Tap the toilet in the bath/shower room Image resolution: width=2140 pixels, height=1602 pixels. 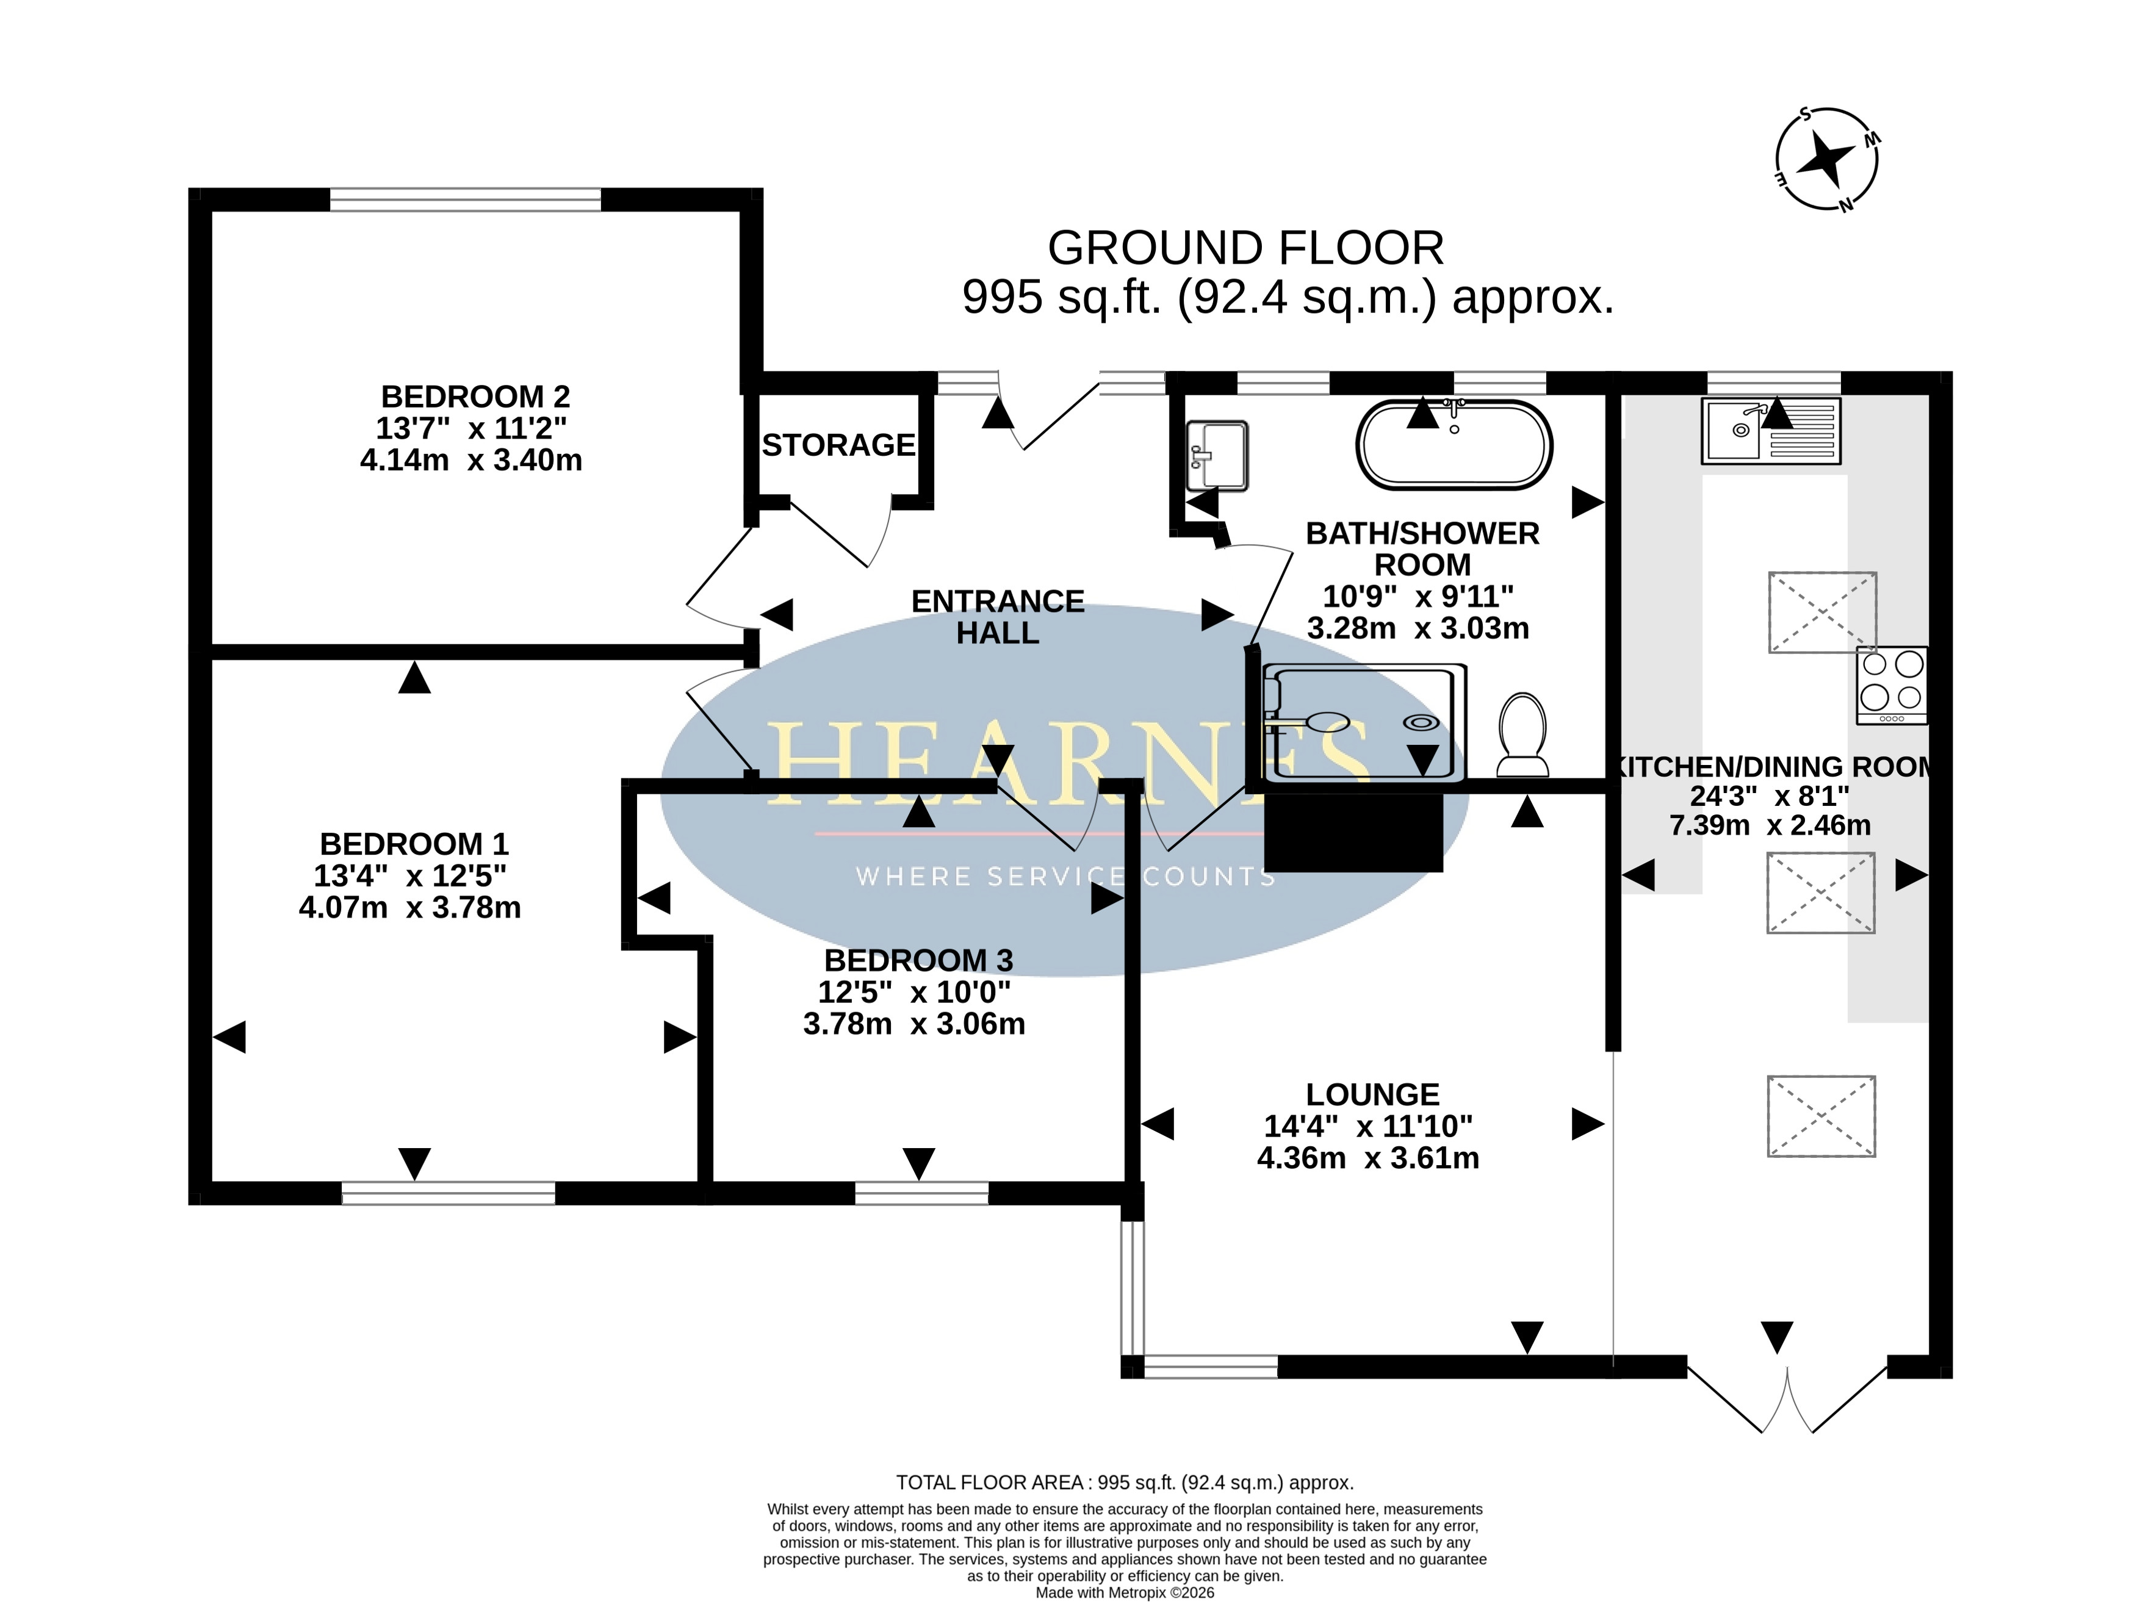click(x=1522, y=735)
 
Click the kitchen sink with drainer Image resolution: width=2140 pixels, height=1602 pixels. click(x=1770, y=431)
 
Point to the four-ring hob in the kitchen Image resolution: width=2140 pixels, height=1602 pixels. click(x=1892, y=686)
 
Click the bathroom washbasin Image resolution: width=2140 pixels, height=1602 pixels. click(x=1217, y=456)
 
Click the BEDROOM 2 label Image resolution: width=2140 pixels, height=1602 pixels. click(x=475, y=397)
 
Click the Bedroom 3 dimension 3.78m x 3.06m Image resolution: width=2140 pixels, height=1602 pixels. click(x=914, y=1024)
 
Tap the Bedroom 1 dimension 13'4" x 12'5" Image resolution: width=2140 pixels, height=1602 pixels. click(x=410, y=875)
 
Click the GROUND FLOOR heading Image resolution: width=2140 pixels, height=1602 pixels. click(x=1246, y=249)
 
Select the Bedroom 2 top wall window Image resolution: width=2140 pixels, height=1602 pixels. click(x=466, y=199)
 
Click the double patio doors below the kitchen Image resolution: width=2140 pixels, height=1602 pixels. click(x=1787, y=1398)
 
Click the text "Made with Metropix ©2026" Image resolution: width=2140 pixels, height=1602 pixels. click(x=1125, y=1592)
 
